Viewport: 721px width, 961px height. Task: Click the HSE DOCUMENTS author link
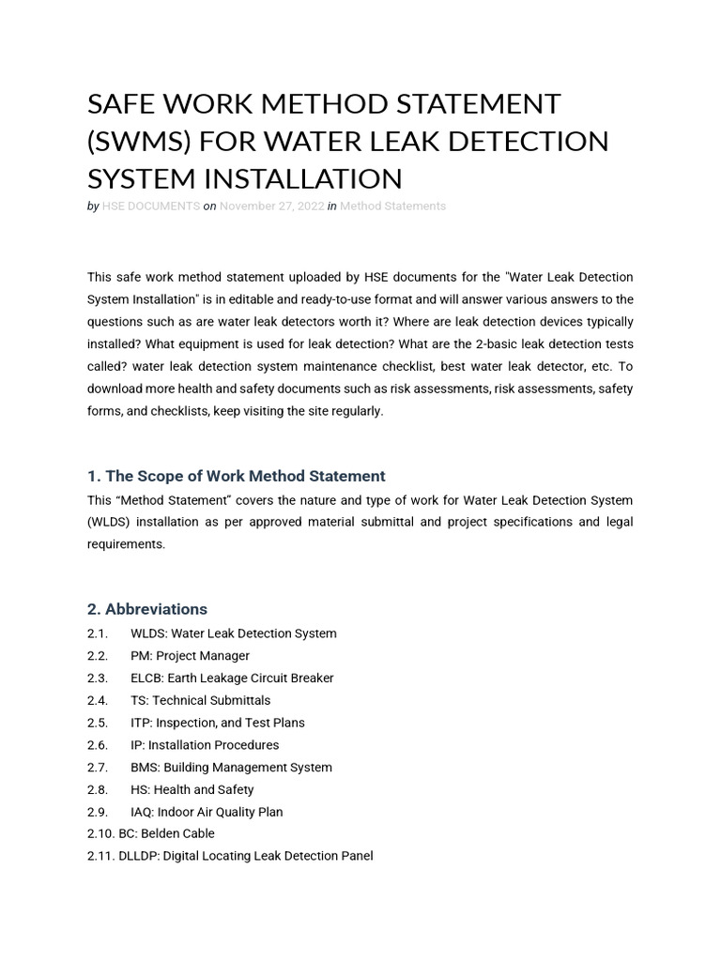[x=150, y=206]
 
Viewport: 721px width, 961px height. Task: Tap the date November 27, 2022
[x=271, y=206]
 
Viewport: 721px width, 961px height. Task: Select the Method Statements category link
[x=392, y=206]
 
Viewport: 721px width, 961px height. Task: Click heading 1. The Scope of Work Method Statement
[x=236, y=476]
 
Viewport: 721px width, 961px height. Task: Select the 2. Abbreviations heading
[x=147, y=609]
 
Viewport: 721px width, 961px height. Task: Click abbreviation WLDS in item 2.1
[x=147, y=633]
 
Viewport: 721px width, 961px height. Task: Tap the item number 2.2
[x=98, y=656]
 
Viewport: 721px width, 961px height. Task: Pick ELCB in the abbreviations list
[x=147, y=678]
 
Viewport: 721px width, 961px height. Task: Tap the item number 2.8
[x=98, y=790]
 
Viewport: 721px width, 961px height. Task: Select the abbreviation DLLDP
[x=138, y=856]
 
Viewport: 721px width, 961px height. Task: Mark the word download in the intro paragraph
[x=118, y=389]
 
